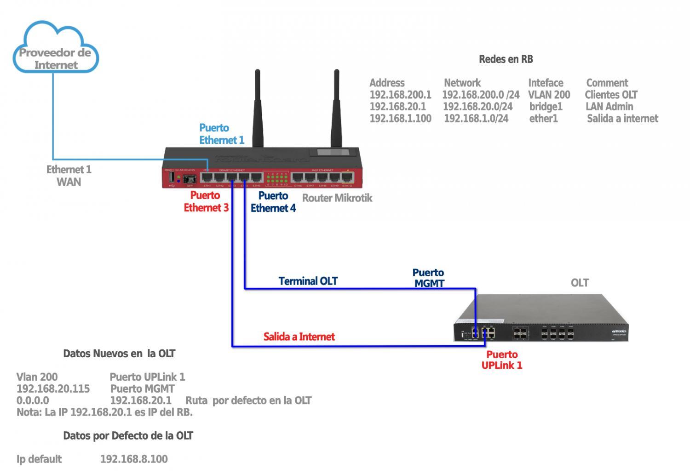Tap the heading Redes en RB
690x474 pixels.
(506, 59)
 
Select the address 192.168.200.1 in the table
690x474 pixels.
(400, 95)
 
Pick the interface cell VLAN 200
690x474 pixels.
(549, 95)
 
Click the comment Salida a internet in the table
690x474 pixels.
(622, 119)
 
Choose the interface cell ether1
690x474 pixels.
(543, 119)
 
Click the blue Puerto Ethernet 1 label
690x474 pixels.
(221, 134)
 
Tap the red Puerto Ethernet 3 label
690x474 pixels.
(206, 201)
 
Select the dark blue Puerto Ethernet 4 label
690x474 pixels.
(273, 202)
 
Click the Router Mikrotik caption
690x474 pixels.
(337, 198)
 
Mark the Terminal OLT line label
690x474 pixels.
(308, 281)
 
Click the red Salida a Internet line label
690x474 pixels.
(299, 337)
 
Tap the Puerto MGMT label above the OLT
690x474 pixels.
(428, 278)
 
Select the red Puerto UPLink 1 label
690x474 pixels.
(502, 360)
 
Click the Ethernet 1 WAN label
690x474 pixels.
(69, 176)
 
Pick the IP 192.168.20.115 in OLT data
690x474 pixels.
(53, 389)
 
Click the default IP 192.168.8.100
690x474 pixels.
(134, 459)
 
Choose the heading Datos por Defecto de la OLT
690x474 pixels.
(128, 436)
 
